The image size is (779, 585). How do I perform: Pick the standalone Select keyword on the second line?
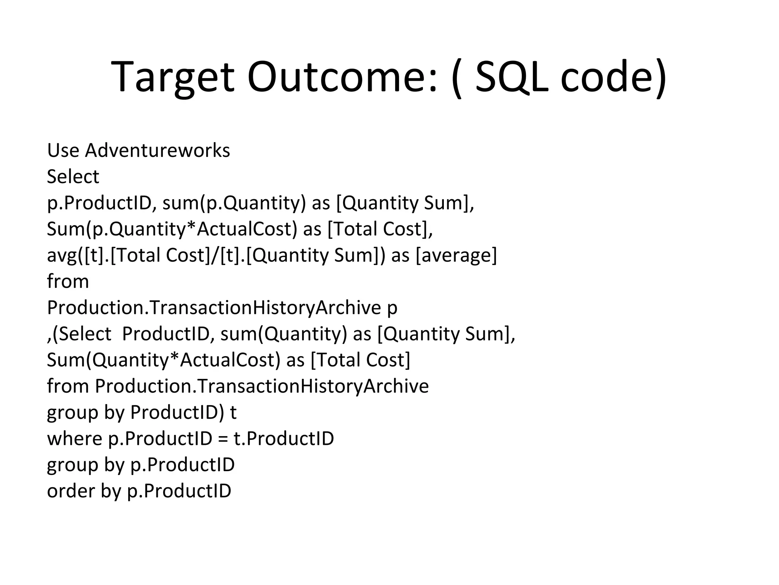pos(73,177)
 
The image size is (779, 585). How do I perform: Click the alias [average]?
pos(456,255)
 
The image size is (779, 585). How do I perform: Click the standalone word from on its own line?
pos(68,281)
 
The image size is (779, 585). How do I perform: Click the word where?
pos(75,439)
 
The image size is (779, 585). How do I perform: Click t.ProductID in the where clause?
pos(284,439)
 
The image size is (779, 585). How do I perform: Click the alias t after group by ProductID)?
pos(233,412)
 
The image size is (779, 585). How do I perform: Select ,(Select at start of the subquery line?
pos(79,334)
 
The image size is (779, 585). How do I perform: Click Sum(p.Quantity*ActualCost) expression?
pos(172,229)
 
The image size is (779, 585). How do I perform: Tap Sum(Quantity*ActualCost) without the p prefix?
pos(163,360)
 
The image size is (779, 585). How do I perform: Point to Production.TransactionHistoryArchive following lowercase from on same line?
pos(262,386)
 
